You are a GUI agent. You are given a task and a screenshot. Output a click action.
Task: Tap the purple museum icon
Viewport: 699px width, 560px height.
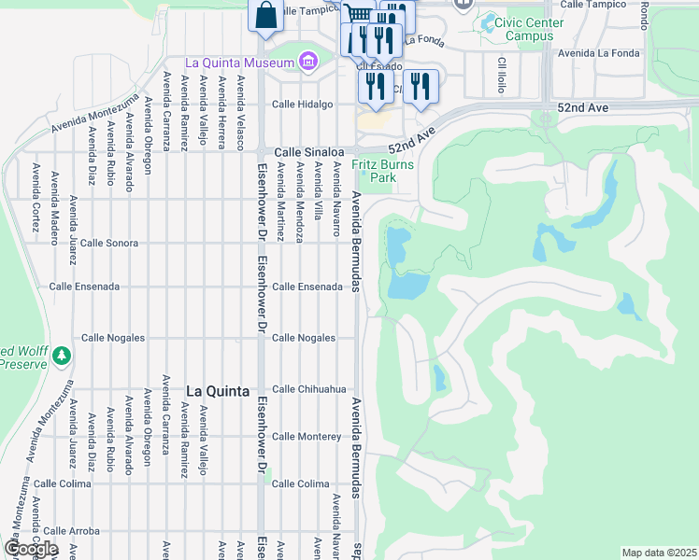(x=307, y=63)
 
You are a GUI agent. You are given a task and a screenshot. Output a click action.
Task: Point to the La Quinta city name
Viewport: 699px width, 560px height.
(x=216, y=391)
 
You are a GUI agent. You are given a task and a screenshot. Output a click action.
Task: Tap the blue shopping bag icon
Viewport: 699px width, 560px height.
(x=265, y=16)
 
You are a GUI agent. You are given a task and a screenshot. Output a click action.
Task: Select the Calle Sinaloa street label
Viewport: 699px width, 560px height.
(x=309, y=152)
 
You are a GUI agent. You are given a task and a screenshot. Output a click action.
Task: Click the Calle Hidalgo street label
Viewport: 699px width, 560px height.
(x=303, y=105)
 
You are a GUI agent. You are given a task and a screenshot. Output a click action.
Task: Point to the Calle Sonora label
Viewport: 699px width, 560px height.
(x=109, y=243)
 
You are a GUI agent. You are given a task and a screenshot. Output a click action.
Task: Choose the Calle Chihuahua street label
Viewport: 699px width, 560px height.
(x=309, y=389)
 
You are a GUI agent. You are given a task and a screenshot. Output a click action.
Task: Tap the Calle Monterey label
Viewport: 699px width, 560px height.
(x=306, y=437)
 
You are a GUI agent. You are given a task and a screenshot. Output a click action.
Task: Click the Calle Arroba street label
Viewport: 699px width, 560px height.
(x=71, y=531)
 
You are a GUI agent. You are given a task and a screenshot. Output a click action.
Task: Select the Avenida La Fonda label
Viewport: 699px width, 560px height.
(x=599, y=53)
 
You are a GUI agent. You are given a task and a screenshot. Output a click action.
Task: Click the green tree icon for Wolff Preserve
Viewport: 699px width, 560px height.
(x=62, y=355)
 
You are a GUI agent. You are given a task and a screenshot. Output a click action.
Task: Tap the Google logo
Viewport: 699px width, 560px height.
(x=30, y=549)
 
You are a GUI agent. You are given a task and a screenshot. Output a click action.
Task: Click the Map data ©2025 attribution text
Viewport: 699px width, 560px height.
(x=659, y=553)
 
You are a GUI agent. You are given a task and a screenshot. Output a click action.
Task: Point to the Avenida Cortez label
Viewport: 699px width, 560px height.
(x=36, y=197)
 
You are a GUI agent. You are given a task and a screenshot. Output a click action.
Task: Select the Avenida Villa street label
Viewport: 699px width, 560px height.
(x=319, y=190)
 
